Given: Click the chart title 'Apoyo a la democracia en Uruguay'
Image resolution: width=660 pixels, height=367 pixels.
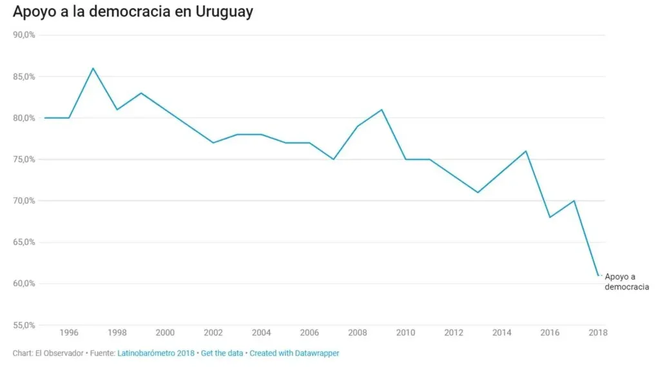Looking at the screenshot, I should [x=133, y=12].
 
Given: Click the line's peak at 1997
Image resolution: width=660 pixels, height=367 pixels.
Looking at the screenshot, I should [x=93, y=68].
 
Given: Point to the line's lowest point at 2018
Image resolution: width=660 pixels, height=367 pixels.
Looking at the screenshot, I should [x=598, y=275].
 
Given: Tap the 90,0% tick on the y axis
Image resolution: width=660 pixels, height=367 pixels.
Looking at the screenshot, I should [x=24, y=35].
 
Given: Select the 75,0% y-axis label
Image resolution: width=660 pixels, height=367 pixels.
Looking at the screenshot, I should [x=24, y=159].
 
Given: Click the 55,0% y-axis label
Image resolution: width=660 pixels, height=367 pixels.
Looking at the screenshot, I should [x=24, y=325].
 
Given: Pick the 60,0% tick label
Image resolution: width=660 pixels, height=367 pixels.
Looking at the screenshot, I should [x=24, y=284].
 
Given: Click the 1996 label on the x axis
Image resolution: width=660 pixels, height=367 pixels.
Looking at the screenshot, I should [x=69, y=333].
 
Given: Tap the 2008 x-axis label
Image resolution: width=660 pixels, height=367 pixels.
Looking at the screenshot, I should [x=358, y=333].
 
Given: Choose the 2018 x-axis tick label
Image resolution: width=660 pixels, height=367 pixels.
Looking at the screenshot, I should [x=598, y=333].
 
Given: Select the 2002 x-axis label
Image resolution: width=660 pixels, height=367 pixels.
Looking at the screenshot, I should [x=213, y=333].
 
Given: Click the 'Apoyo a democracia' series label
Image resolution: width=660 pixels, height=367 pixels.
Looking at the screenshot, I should [x=626, y=282].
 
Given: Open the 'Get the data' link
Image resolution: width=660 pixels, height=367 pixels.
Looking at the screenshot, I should [x=222, y=353].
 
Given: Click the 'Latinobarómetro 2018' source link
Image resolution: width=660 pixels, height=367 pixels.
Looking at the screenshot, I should [x=155, y=353].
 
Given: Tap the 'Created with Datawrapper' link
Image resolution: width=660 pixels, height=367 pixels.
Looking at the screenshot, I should [x=294, y=353].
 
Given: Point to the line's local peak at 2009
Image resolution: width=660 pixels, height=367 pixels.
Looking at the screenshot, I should [x=382, y=110].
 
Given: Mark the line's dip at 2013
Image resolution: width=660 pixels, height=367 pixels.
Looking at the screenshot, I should [x=478, y=192].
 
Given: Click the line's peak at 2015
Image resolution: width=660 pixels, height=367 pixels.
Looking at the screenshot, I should [x=526, y=151].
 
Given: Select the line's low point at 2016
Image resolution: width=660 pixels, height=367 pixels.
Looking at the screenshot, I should [x=550, y=217].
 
